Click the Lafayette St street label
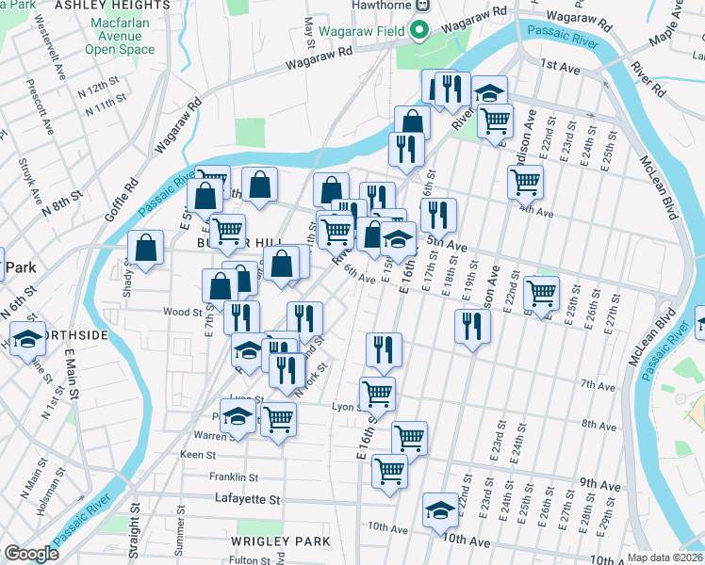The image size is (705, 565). click(248, 499)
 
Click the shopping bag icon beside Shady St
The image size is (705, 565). click(146, 248)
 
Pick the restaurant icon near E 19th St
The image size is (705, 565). click(471, 326)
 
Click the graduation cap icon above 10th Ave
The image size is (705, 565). click(439, 509)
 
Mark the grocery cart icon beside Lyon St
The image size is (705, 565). click(377, 392)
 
